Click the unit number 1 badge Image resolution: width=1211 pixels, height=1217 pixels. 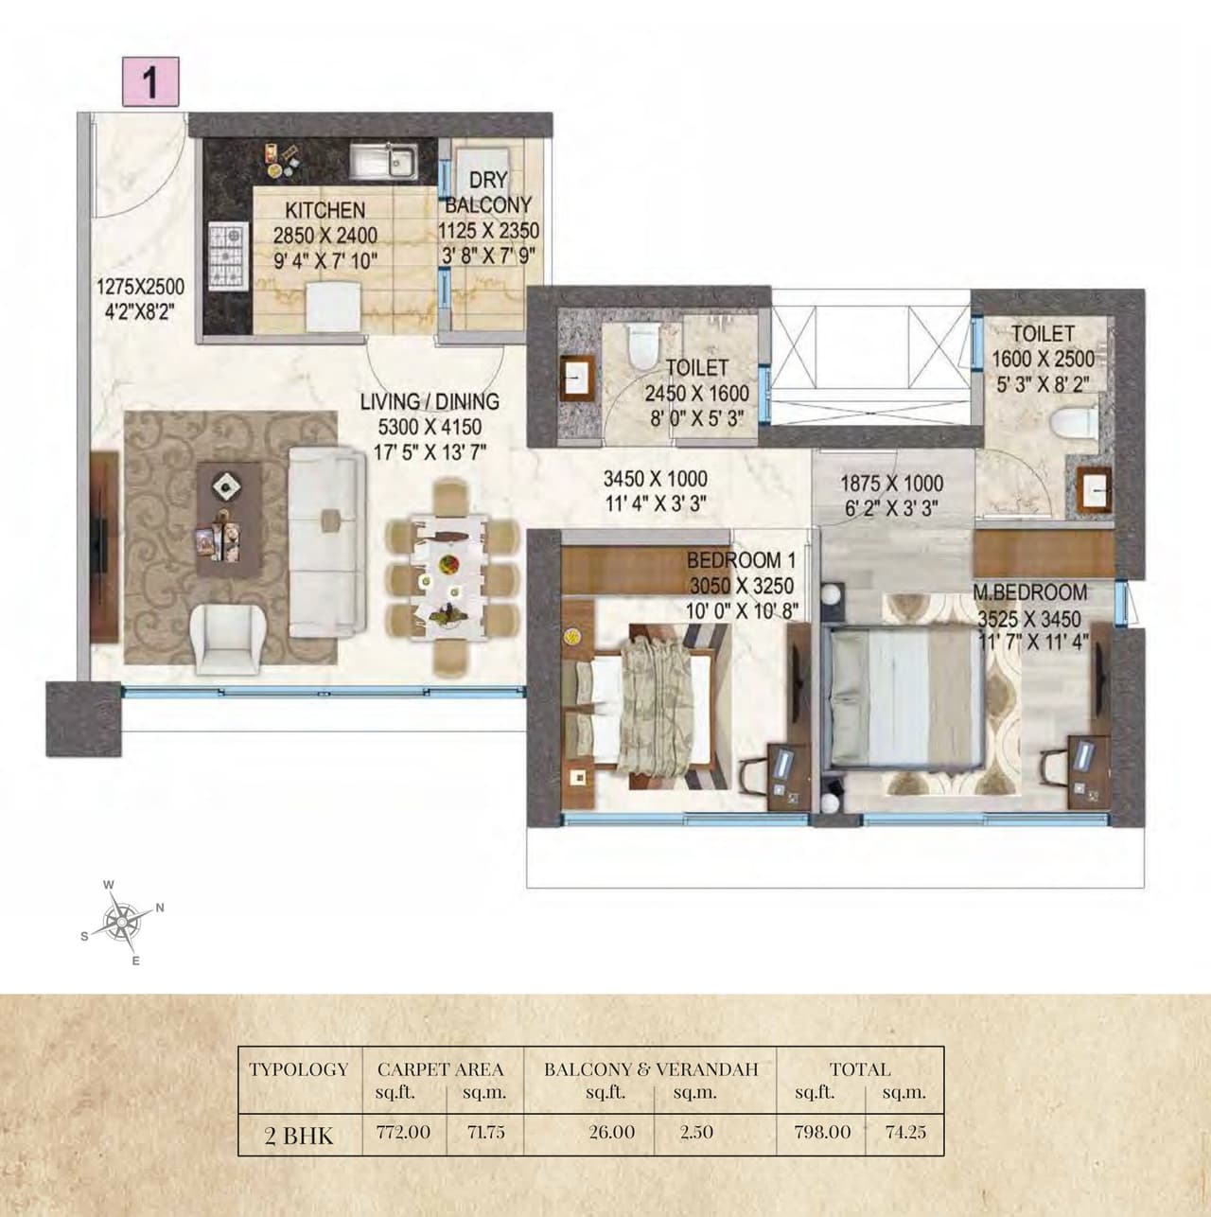(149, 82)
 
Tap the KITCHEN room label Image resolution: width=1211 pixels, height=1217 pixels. (325, 210)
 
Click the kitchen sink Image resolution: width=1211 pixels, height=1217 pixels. (385, 161)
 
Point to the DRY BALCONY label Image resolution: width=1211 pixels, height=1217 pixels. (488, 193)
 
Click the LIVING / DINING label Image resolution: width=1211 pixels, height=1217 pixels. (430, 401)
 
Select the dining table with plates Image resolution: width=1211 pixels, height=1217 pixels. (448, 578)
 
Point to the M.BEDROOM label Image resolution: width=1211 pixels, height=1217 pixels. (1030, 592)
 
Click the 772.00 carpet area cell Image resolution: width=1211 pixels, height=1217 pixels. (404, 1132)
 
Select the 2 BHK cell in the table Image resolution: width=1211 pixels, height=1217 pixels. (299, 1135)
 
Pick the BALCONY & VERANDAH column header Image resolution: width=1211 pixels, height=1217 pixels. (651, 1069)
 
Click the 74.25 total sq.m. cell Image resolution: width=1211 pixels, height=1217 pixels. (905, 1132)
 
